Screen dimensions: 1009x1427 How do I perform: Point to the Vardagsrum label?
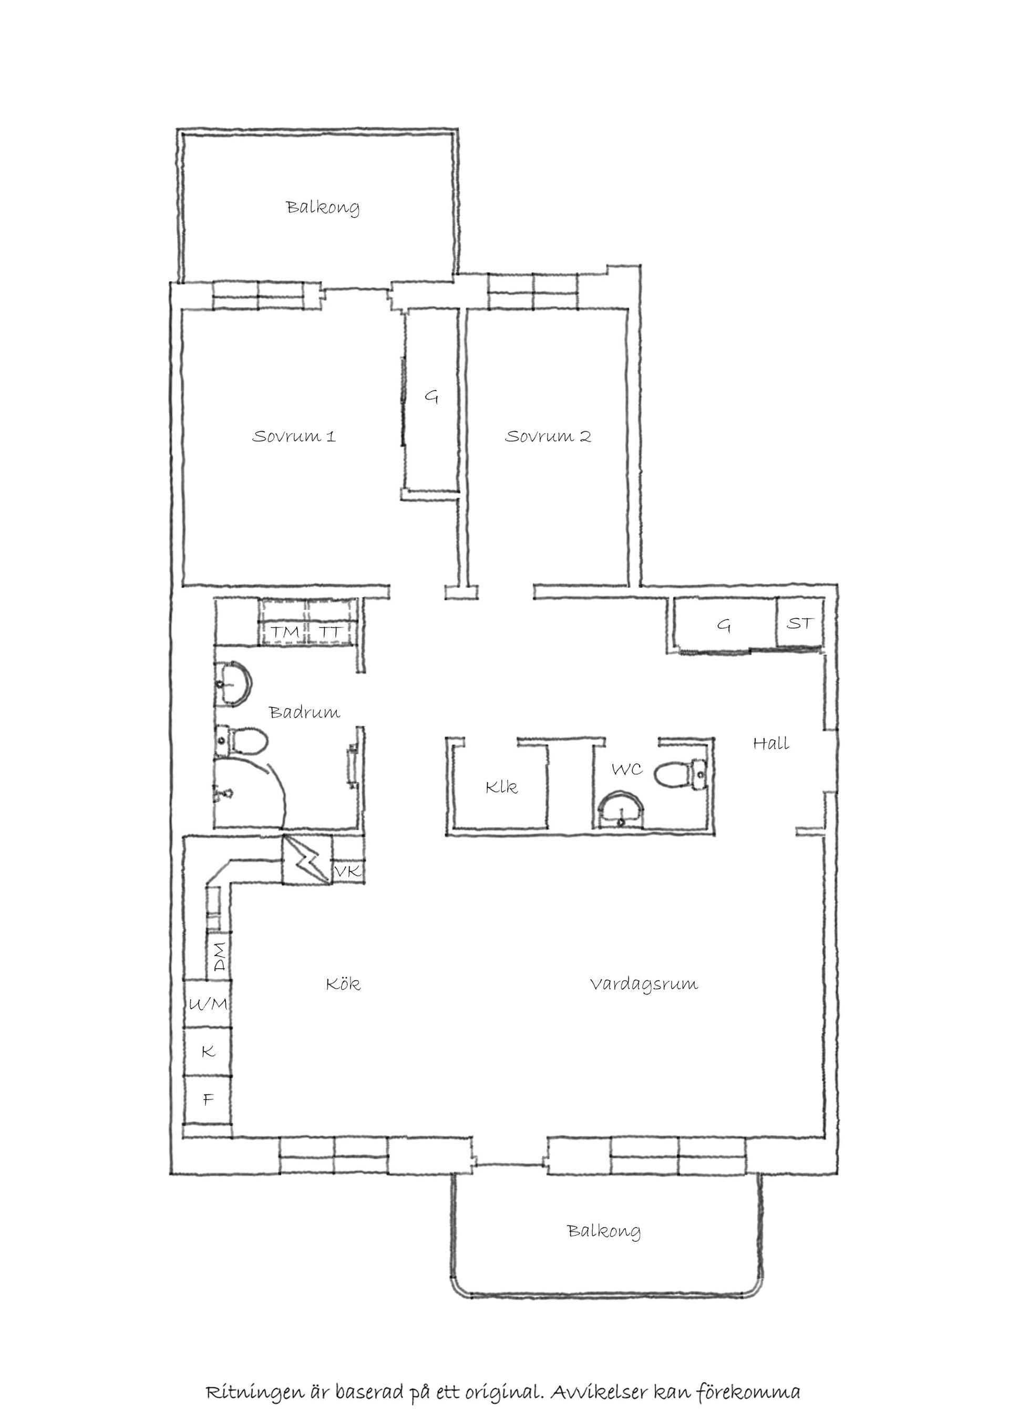pyautogui.click(x=644, y=984)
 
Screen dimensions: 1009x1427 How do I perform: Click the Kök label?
pyautogui.click(x=343, y=984)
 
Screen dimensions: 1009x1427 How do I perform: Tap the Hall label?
pyautogui.click(x=771, y=743)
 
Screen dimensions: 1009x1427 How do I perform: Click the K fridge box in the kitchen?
pyautogui.click(x=208, y=1051)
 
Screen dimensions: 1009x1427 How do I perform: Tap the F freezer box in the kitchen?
pyautogui.click(x=208, y=1100)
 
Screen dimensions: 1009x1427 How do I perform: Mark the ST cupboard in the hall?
pyautogui.click(x=800, y=622)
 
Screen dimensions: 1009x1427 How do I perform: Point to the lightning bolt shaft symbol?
pyautogui.click(x=307, y=860)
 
